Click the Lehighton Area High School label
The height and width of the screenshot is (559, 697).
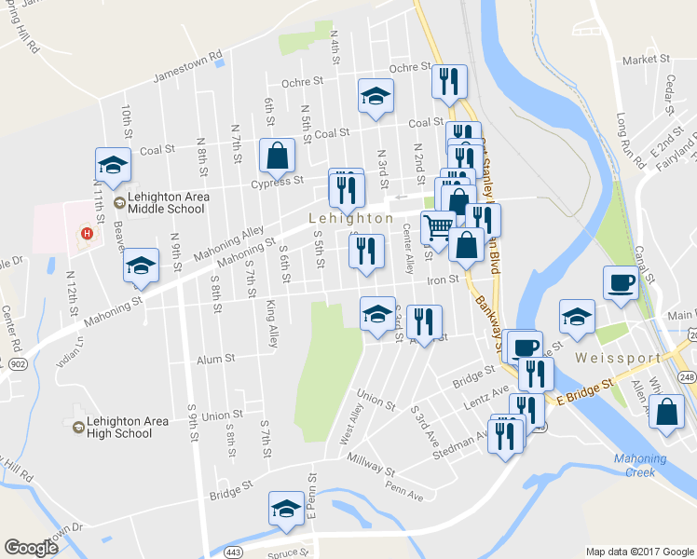click(x=124, y=427)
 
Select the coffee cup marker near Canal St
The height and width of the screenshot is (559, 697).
click(x=621, y=282)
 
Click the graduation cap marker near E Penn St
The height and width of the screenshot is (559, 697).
click(x=287, y=508)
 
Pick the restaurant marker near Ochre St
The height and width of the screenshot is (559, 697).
click(x=449, y=82)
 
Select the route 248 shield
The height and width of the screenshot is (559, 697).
click(x=688, y=375)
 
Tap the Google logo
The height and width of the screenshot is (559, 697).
click(x=32, y=548)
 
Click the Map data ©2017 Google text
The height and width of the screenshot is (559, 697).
click(x=639, y=552)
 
